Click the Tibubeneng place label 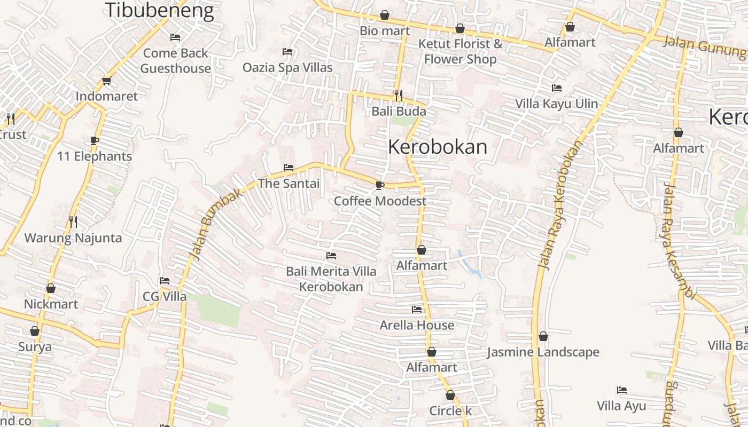[x=159, y=10]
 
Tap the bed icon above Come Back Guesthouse [x=175, y=37]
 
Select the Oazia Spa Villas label [x=287, y=67]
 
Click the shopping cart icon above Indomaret [x=106, y=81]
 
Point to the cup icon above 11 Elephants [x=95, y=141]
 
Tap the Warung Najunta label [x=73, y=238]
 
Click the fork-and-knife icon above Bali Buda [x=398, y=95]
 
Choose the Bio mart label [x=385, y=31]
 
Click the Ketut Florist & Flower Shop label [x=460, y=51]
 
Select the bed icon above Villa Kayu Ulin [x=557, y=88]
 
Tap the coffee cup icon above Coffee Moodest [x=380, y=185]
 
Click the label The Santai [x=289, y=184]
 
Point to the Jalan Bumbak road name [x=216, y=224]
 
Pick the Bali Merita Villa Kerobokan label [x=331, y=279]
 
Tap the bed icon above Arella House [x=417, y=310]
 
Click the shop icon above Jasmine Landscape [x=543, y=337]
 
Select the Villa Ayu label [x=621, y=406]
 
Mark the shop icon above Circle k [x=450, y=396]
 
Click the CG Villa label [x=165, y=297]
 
